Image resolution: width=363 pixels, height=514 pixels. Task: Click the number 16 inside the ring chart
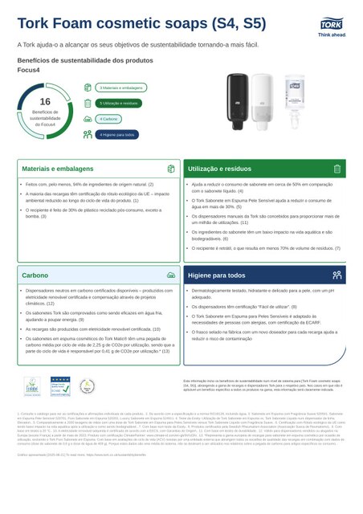(45, 101)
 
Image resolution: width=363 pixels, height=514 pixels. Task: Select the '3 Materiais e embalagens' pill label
(120, 88)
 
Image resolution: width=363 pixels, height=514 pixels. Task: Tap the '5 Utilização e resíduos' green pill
(119, 103)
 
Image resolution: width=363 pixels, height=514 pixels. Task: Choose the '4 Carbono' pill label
(108, 119)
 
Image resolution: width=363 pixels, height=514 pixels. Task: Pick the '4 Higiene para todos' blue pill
(116, 134)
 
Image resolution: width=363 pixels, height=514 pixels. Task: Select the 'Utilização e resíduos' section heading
(222, 169)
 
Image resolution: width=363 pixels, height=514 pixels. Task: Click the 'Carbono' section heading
(35, 275)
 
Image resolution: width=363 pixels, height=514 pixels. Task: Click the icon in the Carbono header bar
(171, 275)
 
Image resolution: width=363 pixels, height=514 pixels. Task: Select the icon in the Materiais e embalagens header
(171, 169)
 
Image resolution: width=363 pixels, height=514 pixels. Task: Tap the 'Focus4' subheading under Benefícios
(29, 70)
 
